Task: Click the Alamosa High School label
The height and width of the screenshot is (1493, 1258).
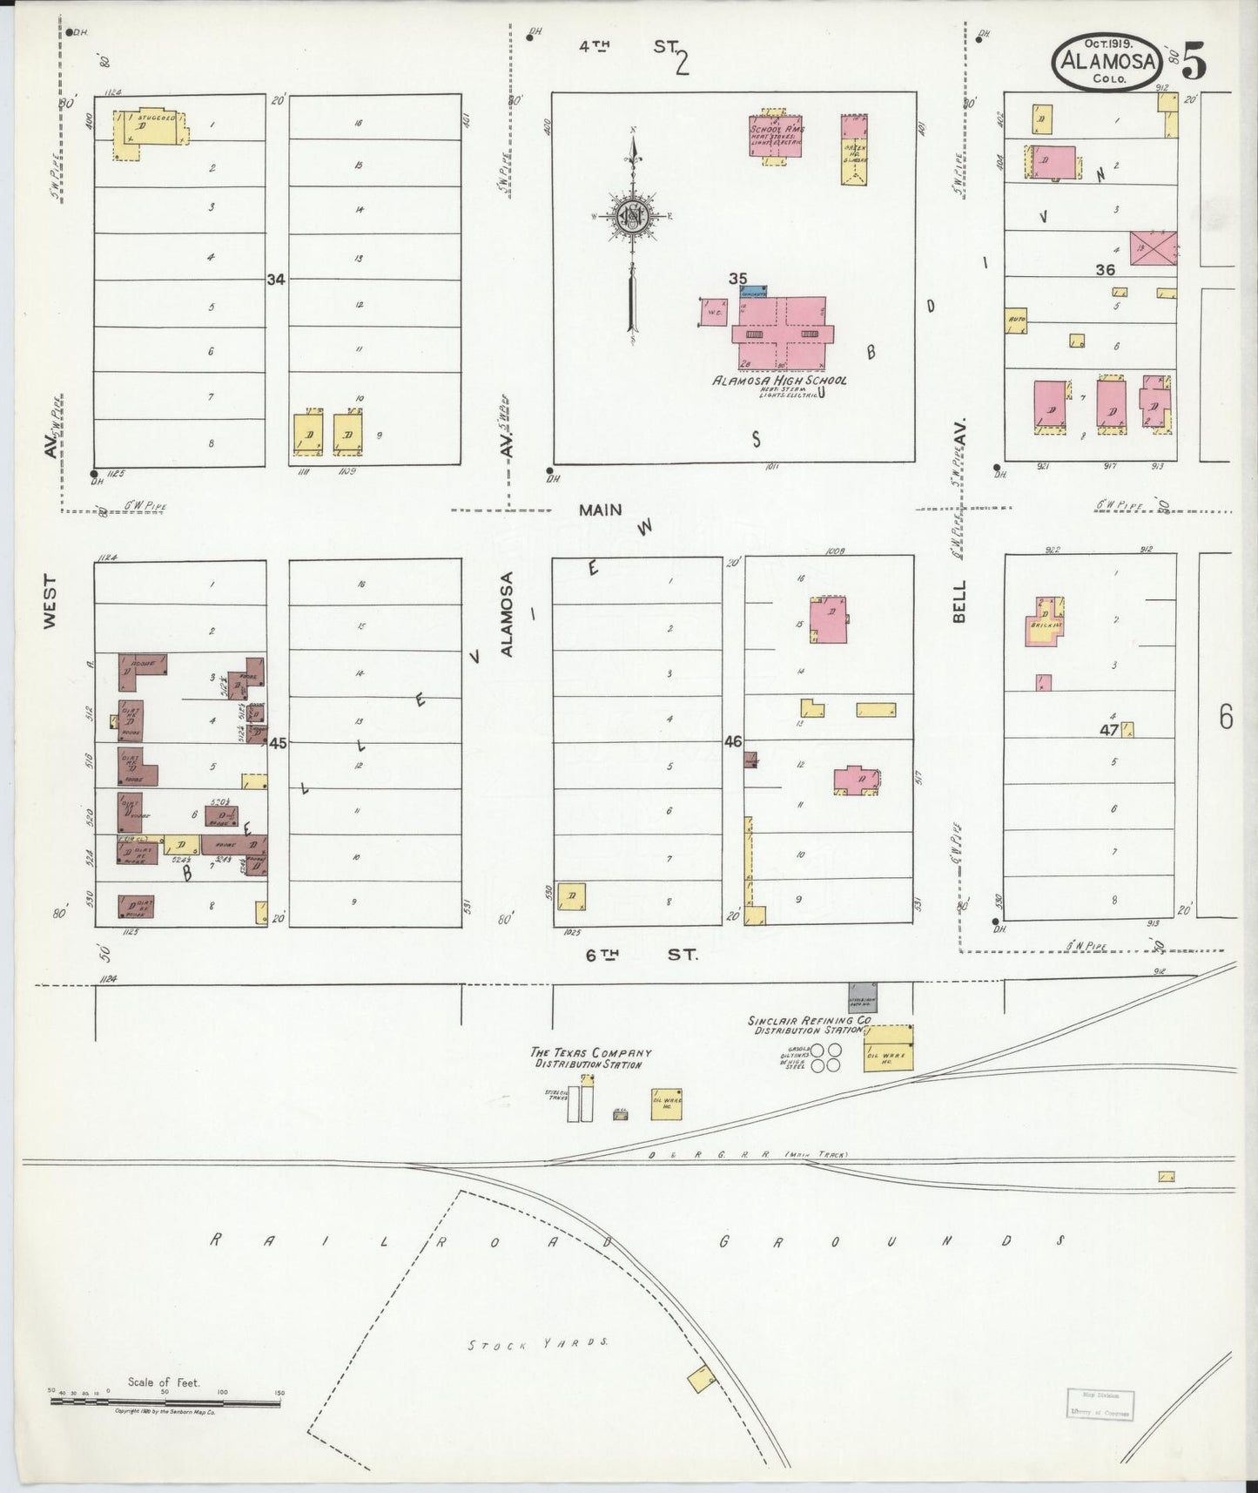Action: [779, 381]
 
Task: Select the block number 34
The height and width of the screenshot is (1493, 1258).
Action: [276, 280]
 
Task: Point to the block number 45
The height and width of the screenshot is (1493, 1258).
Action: [278, 744]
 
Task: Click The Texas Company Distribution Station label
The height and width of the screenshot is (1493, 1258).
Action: [591, 1057]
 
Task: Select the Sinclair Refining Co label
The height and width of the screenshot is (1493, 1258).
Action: [810, 1024]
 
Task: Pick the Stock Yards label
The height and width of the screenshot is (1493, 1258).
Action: [537, 1368]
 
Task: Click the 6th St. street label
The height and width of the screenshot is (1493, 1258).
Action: [641, 955]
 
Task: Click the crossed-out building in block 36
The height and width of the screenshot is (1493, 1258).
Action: [1153, 247]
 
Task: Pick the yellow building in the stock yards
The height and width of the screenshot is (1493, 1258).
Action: [701, 1380]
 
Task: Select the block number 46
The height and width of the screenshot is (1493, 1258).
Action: [733, 742]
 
